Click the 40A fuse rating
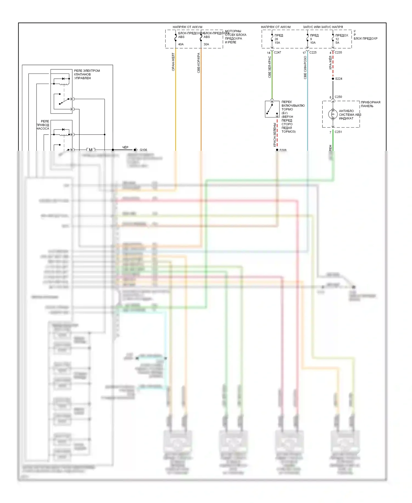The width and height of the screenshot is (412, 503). coord(181,44)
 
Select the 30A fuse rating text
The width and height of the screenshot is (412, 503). coord(206,44)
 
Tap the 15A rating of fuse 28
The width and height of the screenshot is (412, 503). coord(277,43)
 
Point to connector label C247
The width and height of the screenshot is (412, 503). coord(277,52)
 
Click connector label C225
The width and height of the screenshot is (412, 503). coord(313,52)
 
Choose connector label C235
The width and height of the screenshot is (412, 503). coord(338,52)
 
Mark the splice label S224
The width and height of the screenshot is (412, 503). coord(339,79)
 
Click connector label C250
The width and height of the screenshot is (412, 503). coord(338,97)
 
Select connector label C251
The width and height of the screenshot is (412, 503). coord(338,132)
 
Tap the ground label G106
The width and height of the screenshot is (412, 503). coord(143,150)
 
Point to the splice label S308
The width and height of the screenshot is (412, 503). coord(283,150)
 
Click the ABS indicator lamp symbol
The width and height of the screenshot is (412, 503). coord(333,114)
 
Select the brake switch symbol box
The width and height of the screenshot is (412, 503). coord(272,109)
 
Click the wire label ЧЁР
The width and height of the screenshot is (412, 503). coord(125,147)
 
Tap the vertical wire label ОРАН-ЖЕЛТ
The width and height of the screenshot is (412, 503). coord(173,62)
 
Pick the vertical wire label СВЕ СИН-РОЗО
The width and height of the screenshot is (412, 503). coord(305,68)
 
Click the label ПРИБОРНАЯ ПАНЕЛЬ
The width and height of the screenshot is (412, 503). coord(371,104)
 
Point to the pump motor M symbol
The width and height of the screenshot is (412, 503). coord(91,150)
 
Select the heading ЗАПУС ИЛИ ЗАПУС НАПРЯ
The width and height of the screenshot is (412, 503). coord(323,27)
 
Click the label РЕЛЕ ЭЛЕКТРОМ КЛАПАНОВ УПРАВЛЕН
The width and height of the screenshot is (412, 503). coord(87,74)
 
